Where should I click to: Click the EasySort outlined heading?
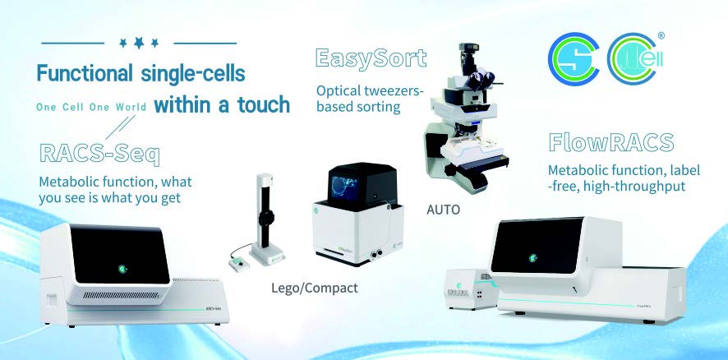pos(371,59)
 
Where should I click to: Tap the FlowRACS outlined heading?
pos(611,142)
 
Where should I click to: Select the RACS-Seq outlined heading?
pos(99,155)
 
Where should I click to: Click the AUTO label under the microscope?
pos(444,210)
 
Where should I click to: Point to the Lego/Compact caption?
pos(315,288)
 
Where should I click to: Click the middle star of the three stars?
pos(139,43)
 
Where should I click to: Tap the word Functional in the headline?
pos(85,73)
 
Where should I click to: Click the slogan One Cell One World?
pos(91,108)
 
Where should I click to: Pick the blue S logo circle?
pos(574,59)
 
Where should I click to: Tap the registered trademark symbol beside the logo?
pos(661,35)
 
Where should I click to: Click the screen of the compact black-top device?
pos(343,186)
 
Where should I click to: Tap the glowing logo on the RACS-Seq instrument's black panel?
pos(122,269)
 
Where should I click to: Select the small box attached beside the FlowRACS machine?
pos(469,288)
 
